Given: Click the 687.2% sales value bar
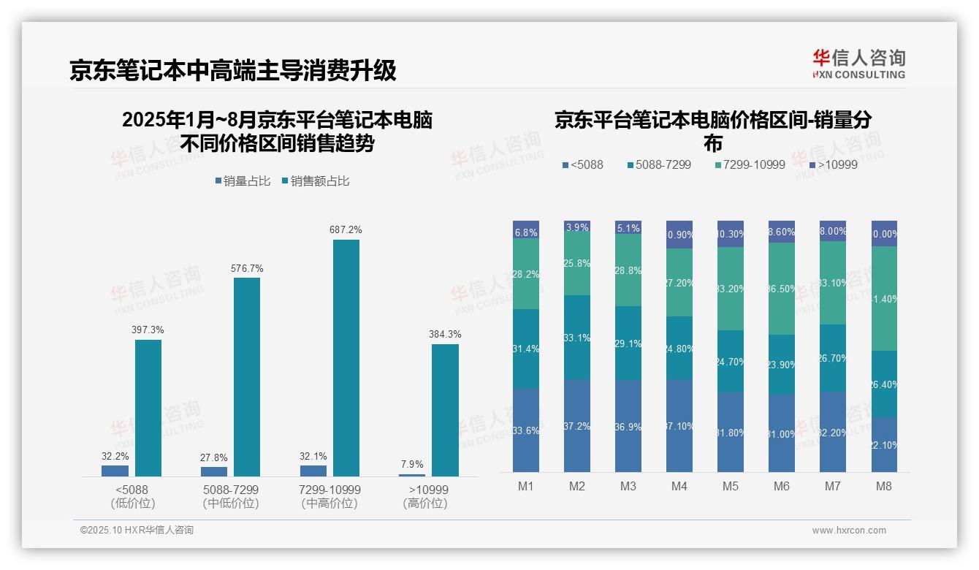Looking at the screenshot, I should click(x=346, y=358).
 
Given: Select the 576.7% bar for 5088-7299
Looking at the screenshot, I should click(x=247, y=377).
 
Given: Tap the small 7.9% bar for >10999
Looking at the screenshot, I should click(x=412, y=475).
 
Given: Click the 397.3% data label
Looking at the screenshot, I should click(x=148, y=330).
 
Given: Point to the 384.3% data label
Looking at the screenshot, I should click(x=445, y=334).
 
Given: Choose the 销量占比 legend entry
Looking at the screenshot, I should click(x=244, y=180).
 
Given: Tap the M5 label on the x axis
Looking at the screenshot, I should click(x=731, y=486).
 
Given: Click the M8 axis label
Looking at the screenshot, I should click(x=884, y=486).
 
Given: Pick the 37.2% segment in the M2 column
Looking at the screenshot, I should click(x=577, y=425).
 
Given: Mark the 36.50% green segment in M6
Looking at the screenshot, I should click(x=782, y=289).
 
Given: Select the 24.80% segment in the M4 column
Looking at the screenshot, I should click(x=679, y=348).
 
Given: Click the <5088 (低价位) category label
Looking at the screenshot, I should click(x=132, y=496).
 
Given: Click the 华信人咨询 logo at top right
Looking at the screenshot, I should click(x=858, y=64).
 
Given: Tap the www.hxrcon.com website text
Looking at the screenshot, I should click(x=849, y=531).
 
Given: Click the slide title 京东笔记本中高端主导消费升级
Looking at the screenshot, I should click(x=233, y=70).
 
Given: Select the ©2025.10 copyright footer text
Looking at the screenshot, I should click(x=137, y=531).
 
